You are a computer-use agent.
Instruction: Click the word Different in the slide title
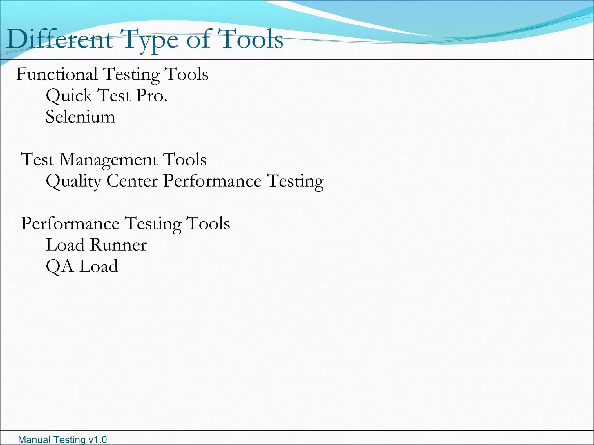click(x=59, y=39)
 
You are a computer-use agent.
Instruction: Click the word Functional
click(x=57, y=74)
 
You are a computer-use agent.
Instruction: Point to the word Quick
click(x=69, y=96)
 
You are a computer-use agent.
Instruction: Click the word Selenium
click(x=80, y=117)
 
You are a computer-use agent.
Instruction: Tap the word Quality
click(x=74, y=181)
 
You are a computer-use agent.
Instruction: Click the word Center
click(x=132, y=181)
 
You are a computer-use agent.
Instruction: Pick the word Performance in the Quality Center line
click(x=212, y=181)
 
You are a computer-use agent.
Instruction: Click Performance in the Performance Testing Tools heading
click(x=70, y=224)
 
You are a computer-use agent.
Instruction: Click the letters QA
click(x=60, y=267)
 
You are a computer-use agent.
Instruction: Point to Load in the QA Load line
click(x=99, y=267)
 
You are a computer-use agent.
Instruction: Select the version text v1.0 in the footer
click(x=97, y=440)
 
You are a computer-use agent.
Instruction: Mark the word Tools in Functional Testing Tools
click(x=186, y=74)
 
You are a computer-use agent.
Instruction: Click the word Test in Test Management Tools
click(x=38, y=160)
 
